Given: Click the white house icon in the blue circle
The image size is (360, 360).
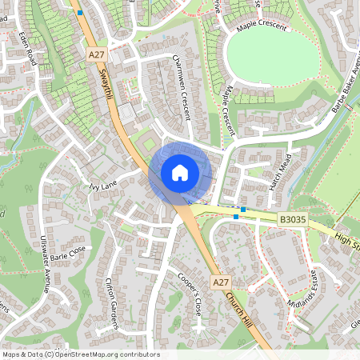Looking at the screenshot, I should click(179, 172).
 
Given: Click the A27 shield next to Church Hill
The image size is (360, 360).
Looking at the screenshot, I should click(222, 283).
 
